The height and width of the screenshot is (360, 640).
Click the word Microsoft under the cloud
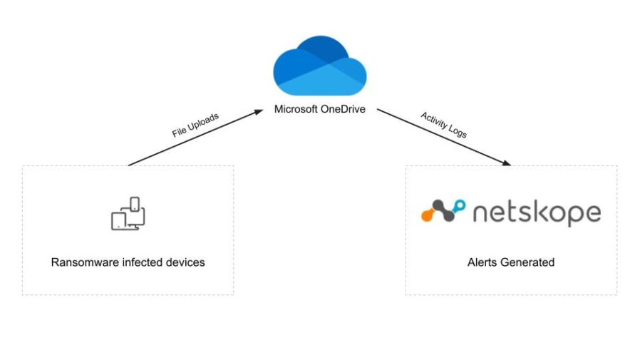pos(298,110)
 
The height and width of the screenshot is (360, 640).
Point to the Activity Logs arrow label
pos(443,125)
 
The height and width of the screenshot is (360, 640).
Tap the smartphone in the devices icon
pos(133,205)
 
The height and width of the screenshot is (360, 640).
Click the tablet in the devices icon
pos(120,221)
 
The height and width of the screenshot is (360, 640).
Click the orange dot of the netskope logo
pos(427,212)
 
